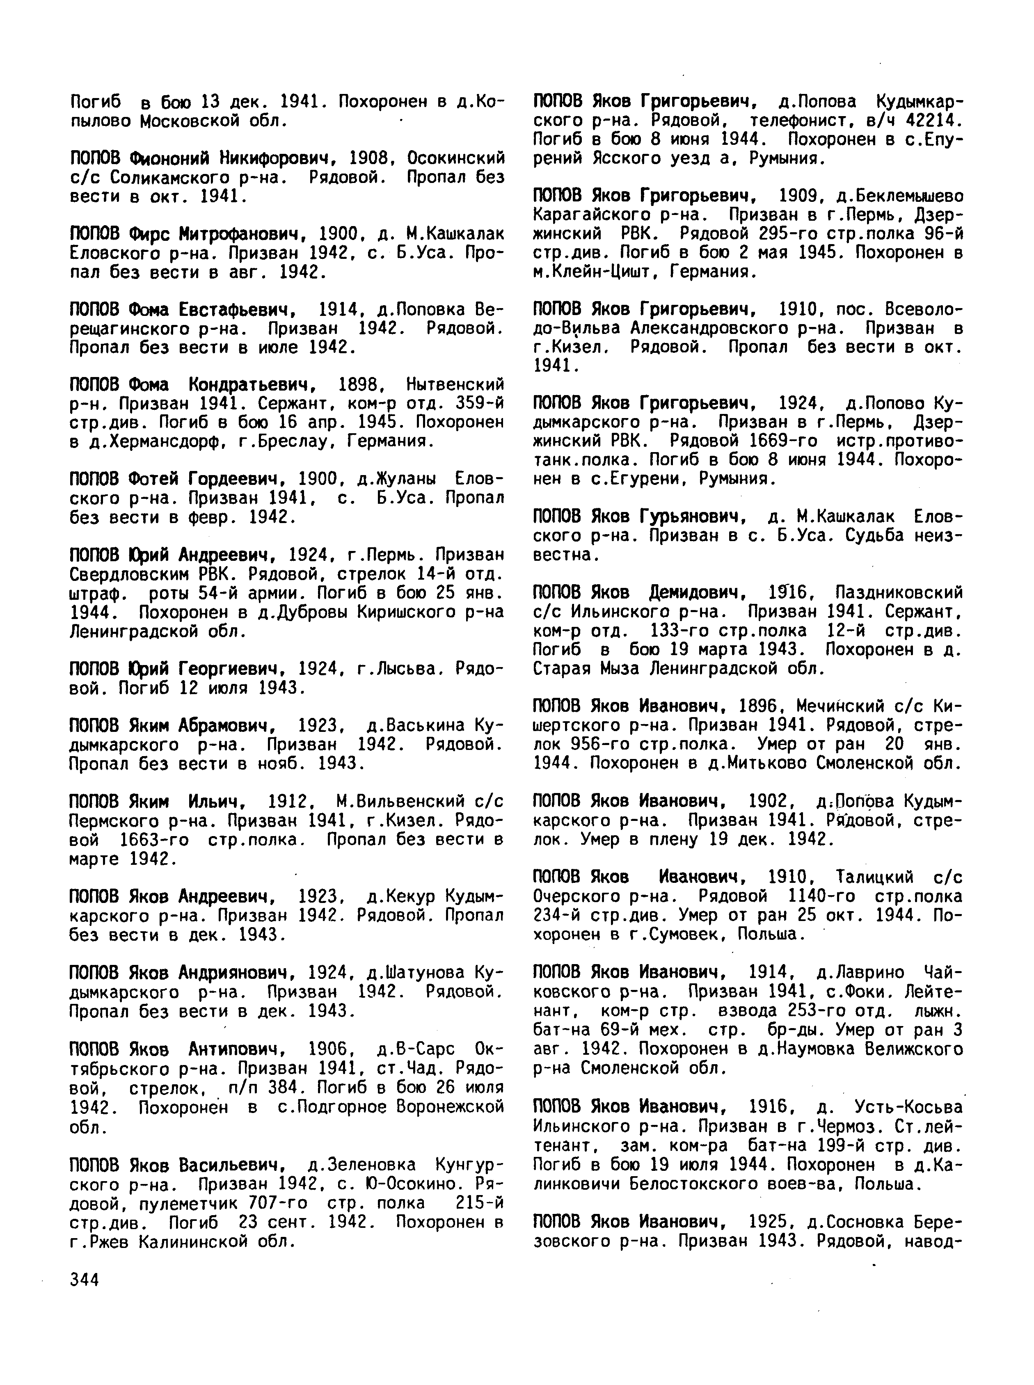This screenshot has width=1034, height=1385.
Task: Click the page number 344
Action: point(85,1280)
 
